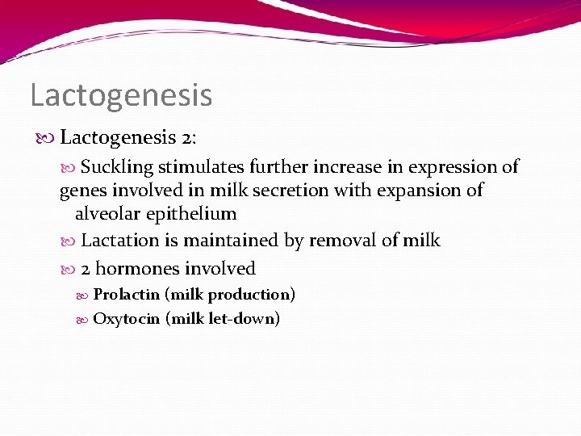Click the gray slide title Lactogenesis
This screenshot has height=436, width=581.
[x=121, y=94]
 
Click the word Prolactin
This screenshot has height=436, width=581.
[x=126, y=294]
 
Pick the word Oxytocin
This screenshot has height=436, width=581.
[x=126, y=318]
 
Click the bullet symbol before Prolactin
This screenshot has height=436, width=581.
[x=85, y=295]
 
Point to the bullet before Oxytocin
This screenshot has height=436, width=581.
[x=85, y=319]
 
